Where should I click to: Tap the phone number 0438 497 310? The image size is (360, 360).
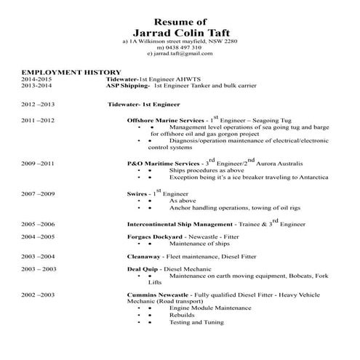pyautogui.click(x=181, y=47)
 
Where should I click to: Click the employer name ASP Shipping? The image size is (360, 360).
pyautogui.click(x=127, y=87)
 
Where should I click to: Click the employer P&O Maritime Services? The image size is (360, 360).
pyautogui.click(x=162, y=164)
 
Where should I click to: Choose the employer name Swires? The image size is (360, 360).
pyautogui.click(x=137, y=195)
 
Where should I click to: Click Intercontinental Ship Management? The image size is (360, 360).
pyautogui.click(x=180, y=224)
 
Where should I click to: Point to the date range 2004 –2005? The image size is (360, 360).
pyautogui.click(x=39, y=237)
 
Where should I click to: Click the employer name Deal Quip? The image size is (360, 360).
pyautogui.click(x=143, y=269)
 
